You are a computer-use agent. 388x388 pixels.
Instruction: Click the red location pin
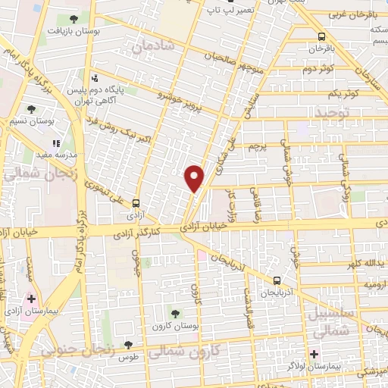(195, 178)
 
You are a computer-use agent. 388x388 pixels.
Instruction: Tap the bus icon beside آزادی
(136, 203)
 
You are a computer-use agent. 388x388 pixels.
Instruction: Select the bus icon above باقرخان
(322, 36)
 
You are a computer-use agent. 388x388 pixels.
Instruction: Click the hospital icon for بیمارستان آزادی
(31, 299)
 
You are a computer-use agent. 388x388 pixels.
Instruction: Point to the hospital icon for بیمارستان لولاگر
(314, 354)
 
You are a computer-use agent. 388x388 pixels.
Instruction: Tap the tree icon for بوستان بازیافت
(73, 18)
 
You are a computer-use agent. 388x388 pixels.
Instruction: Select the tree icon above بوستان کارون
(177, 311)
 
